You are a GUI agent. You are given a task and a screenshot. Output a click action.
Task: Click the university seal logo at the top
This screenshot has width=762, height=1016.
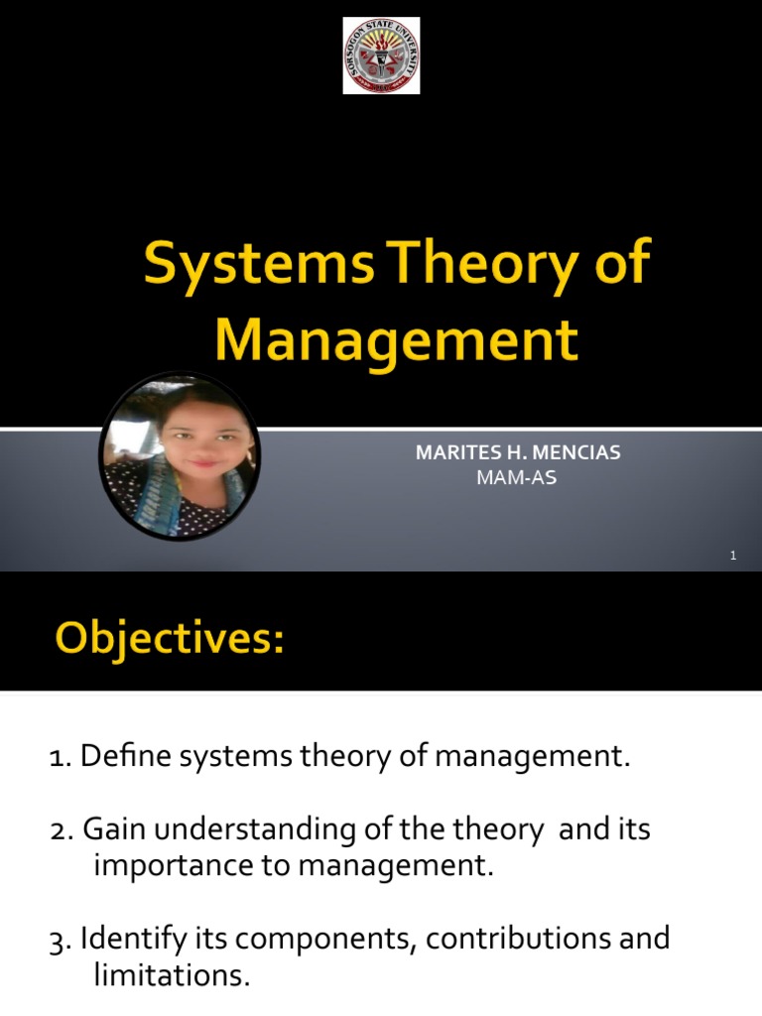tap(381, 57)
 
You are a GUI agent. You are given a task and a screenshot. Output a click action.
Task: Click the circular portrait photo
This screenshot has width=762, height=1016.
tap(180, 455)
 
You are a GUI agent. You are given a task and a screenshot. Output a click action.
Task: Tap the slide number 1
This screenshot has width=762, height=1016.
tap(732, 556)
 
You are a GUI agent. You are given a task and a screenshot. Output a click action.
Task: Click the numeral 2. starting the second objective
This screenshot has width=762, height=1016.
tap(60, 829)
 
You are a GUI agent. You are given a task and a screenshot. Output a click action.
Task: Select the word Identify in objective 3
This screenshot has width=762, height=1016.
tap(126, 939)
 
